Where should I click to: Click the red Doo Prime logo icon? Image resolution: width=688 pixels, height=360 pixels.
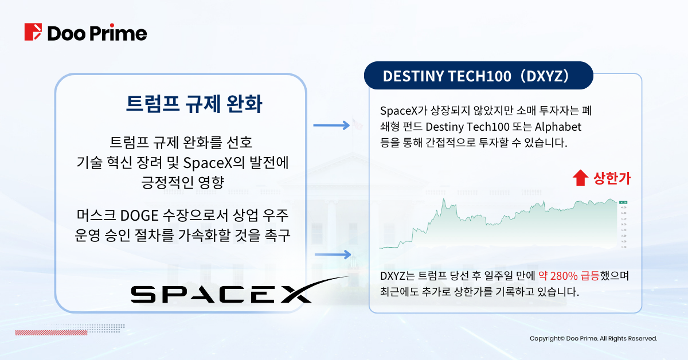click(x=34, y=32)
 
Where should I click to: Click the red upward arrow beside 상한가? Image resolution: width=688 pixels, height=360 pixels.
click(x=580, y=178)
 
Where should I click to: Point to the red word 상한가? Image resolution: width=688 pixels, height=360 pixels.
click(x=612, y=178)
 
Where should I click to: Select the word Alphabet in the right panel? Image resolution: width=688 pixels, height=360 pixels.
click(x=557, y=126)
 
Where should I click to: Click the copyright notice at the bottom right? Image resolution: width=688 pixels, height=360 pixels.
click(x=593, y=339)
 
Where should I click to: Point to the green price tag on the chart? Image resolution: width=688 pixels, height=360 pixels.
click(x=623, y=202)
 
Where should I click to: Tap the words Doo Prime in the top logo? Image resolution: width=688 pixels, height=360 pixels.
click(x=97, y=33)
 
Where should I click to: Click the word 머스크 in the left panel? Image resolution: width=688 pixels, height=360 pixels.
click(x=97, y=216)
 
